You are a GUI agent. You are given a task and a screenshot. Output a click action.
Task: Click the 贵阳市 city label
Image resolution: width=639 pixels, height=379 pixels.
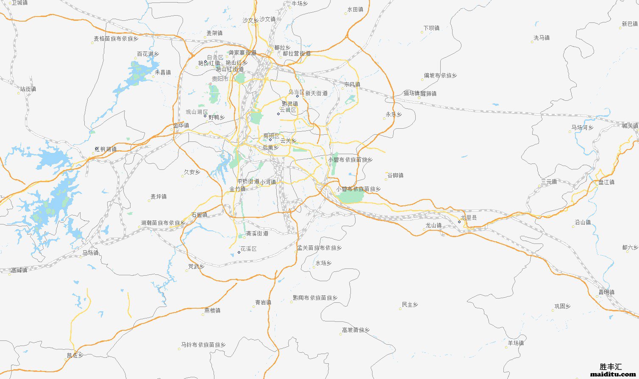[220, 79]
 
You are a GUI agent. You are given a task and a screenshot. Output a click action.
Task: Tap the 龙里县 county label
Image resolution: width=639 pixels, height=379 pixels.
[469, 218]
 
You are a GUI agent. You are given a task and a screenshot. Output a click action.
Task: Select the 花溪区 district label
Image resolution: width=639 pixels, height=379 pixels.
[248, 249]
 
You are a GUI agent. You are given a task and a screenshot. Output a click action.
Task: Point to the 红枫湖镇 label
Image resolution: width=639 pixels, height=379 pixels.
[106, 149]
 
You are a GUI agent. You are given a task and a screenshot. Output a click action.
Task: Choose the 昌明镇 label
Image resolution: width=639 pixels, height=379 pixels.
[606, 292]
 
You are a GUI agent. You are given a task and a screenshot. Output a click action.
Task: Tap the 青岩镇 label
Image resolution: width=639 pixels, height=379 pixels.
[263, 302]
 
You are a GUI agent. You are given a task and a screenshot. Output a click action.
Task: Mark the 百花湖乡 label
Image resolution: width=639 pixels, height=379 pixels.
[148, 54]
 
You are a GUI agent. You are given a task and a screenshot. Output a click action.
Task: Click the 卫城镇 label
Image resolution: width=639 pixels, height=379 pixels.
[19, 3]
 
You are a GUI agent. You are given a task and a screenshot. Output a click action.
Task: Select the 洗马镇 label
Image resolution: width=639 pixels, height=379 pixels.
[541, 38]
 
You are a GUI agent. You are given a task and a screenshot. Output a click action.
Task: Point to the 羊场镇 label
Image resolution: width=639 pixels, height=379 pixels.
[516, 343]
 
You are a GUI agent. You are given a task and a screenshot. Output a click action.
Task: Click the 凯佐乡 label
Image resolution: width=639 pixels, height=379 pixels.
[75, 355]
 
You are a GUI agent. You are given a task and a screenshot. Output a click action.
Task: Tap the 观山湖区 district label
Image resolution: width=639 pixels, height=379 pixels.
[197, 112]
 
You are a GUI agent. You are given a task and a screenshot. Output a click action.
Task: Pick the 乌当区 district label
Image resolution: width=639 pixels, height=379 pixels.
[296, 92]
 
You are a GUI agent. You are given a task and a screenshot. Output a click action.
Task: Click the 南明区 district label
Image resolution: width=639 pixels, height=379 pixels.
[271, 136]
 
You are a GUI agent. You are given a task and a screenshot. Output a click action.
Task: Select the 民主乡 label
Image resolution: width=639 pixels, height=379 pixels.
[410, 305]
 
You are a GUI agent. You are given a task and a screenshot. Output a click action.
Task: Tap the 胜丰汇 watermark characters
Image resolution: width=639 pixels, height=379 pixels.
[611, 367]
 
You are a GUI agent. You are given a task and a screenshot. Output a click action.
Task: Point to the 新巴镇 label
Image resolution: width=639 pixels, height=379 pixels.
[630, 24]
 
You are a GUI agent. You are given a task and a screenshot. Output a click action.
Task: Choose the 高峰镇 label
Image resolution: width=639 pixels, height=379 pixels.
[19, 270]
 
